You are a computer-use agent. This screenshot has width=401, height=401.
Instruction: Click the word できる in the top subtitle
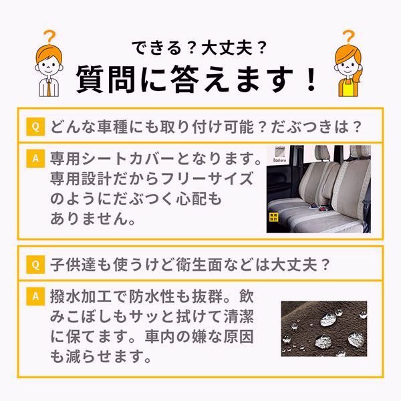point(155,48)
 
